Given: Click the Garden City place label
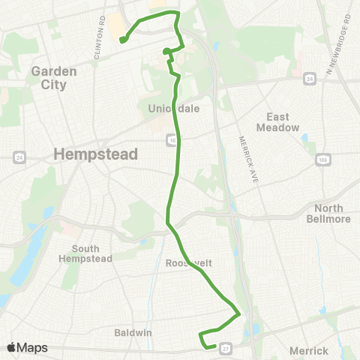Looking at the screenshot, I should pos(49,78).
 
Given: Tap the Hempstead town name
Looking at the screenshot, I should pos(96,154).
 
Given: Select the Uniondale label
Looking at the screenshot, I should pos(174,109).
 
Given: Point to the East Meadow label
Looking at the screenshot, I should pos(283,122).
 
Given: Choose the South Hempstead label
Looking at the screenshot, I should pos(91,253).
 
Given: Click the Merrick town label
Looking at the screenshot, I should pos(308,350).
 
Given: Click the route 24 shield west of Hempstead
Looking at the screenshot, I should pos(19,157).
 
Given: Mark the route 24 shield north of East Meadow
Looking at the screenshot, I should pos(309,77).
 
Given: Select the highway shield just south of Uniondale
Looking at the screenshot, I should pos(172,139).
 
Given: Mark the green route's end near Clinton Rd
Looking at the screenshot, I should pos(123,40).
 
